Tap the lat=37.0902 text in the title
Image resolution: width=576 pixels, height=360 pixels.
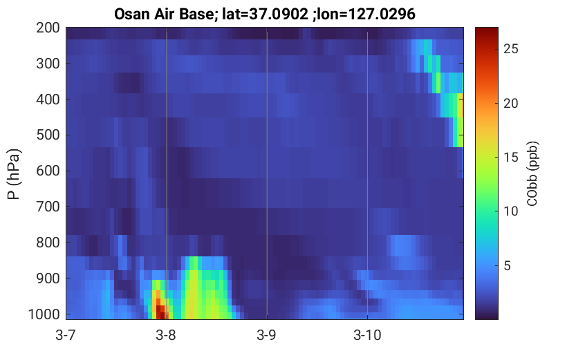point(265,15)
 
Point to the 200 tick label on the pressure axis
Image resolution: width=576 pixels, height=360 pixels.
point(48,28)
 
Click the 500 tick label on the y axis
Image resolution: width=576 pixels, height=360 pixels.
point(48,135)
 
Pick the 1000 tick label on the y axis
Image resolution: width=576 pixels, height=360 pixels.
point(44,314)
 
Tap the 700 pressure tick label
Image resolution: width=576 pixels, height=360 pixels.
point(48,207)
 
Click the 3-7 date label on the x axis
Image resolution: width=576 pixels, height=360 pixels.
point(66,335)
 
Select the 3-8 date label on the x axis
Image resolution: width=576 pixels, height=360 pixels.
point(166,335)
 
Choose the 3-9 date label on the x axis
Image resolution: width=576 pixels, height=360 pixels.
point(266,335)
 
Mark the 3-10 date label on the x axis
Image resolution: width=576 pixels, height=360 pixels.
point(367,335)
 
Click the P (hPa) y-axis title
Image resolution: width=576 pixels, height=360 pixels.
point(14,174)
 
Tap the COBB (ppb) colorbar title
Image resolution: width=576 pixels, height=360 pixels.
point(532,173)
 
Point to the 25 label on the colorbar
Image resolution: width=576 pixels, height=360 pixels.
point(510,49)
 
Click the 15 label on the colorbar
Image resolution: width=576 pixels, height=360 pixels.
point(510,157)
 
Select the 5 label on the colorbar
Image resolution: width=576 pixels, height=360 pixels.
point(508,265)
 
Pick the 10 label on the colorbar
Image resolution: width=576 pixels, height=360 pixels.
point(510,211)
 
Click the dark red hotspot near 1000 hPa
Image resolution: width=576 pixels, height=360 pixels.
point(160,312)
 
